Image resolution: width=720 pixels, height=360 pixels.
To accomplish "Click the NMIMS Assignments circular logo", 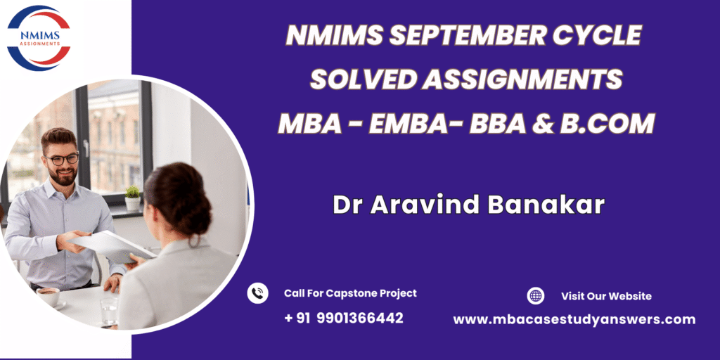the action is [39, 38].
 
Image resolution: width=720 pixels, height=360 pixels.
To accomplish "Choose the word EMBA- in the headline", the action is [411, 124].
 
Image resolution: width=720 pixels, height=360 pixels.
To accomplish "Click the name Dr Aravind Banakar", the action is [468, 205].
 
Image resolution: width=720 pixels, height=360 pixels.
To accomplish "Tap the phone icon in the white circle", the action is [257, 293].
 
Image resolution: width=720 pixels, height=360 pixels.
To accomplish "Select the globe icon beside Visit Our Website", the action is [535, 296].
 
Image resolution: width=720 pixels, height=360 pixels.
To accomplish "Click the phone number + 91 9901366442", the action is [344, 318].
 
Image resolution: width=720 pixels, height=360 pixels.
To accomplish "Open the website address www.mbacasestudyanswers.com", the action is [574, 320].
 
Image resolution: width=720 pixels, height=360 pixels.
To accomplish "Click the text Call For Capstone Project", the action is [350, 293].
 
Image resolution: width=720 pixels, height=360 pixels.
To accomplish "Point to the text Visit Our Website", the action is [606, 296].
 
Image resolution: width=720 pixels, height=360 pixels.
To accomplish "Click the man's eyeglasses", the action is [62, 160].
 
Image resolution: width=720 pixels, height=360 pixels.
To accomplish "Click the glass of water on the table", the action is [109, 311].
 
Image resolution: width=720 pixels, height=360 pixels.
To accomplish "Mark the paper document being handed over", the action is [110, 247].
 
